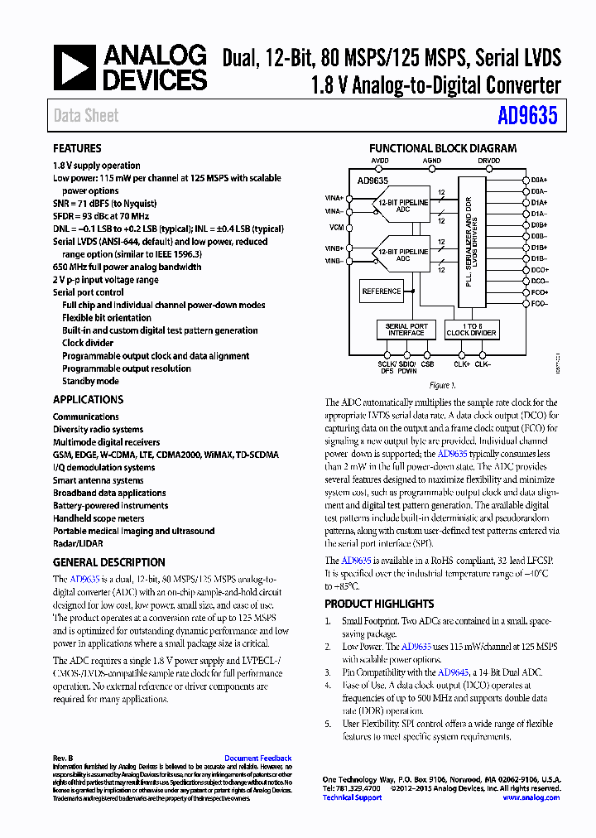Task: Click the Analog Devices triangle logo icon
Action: [x=74, y=68]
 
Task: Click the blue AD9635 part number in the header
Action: [x=527, y=116]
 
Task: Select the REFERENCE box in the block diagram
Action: [x=382, y=291]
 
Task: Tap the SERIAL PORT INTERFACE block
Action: [x=406, y=330]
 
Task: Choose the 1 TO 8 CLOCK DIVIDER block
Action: [x=471, y=330]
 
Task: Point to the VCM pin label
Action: [x=336, y=227]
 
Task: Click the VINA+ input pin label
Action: [x=334, y=198]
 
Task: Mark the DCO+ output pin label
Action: [x=540, y=270]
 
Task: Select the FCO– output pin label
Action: [x=540, y=304]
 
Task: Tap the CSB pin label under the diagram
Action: [x=427, y=364]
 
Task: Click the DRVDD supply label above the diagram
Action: [x=489, y=161]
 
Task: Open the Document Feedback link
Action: [x=257, y=759]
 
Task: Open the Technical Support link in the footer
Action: [x=352, y=797]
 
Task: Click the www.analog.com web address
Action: [x=531, y=797]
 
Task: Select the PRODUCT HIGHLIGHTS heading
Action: [x=379, y=604]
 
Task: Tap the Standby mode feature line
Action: [x=90, y=382]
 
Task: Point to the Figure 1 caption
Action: [x=441, y=386]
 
